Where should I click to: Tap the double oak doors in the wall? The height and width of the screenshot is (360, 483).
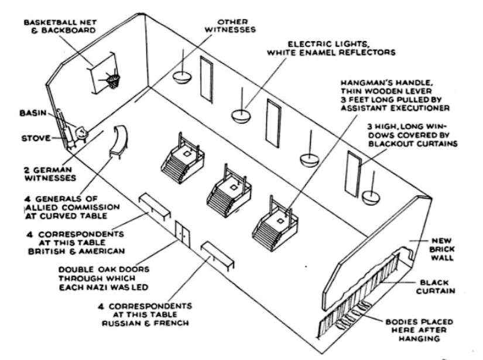pos(183,234)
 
